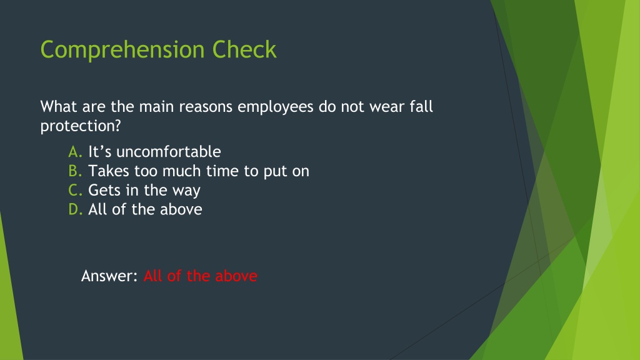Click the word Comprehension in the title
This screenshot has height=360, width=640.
click(122, 50)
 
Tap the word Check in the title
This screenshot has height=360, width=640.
click(244, 49)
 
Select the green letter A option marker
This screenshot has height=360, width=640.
click(76, 152)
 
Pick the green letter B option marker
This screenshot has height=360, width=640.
click(76, 171)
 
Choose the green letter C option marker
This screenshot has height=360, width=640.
click(76, 190)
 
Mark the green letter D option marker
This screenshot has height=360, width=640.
click(76, 209)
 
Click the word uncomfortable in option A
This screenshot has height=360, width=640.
click(169, 152)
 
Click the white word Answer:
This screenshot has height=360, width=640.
click(110, 276)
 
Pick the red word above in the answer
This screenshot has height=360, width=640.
click(236, 276)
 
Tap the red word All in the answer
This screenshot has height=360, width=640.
click(153, 276)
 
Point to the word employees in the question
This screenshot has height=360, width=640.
click(276, 107)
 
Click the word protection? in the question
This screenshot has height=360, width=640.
click(81, 126)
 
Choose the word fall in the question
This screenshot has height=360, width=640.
click(421, 106)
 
